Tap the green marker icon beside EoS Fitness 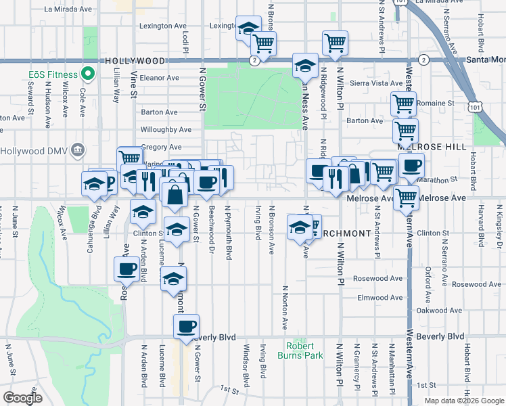click(87, 74)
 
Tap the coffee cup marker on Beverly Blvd click(185, 327)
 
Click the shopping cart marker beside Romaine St click(403, 104)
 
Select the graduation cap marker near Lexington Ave click(248, 28)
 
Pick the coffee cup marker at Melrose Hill click(411, 166)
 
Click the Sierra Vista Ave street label click(366, 83)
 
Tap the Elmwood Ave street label click(380, 298)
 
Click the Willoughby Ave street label click(166, 129)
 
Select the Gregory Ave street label click(162, 147)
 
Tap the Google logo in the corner click(22, 397)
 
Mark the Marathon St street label click(442, 181)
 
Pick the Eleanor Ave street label click(160, 78)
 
